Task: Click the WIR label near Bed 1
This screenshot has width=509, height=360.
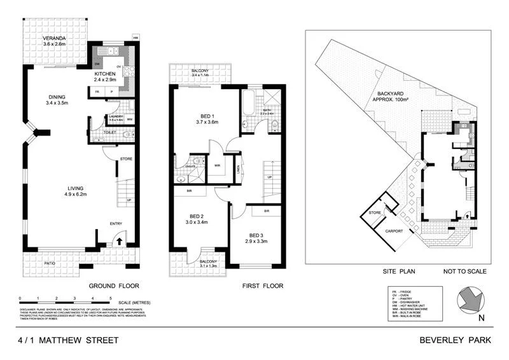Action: (x=217, y=165)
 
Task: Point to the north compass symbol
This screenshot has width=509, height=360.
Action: (x=473, y=301)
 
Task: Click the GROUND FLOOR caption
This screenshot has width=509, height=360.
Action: (x=114, y=286)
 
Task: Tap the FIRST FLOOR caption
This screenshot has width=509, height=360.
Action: (x=263, y=286)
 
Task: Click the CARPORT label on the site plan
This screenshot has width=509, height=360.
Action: (x=395, y=231)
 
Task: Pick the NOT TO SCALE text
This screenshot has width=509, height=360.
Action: (x=466, y=271)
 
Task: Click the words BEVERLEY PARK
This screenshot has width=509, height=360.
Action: (x=456, y=340)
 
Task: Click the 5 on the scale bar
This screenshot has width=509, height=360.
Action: (x=111, y=298)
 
